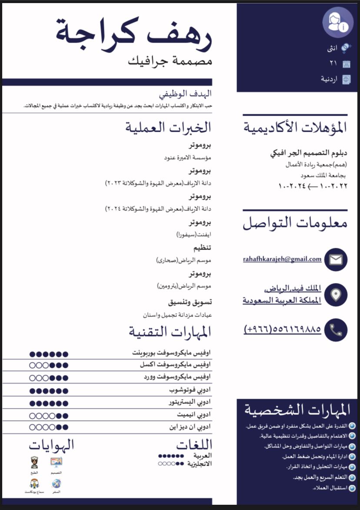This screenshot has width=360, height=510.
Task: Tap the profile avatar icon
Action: tap(337, 22)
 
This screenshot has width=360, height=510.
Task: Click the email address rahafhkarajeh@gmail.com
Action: tap(282, 259)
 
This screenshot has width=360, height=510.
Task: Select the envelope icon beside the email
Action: tap(336, 260)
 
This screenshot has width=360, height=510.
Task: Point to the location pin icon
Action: tap(336, 295)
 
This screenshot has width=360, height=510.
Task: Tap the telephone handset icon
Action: tap(336, 330)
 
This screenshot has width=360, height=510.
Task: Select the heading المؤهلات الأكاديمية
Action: tap(295, 128)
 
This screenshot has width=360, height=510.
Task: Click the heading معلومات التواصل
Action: tap(295, 223)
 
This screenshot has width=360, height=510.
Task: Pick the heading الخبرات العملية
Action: tap(168, 127)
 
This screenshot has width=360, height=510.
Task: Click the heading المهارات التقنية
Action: tap(170, 332)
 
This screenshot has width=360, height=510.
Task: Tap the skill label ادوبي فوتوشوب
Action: tap(190, 390)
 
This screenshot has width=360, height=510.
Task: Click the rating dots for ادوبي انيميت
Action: tap(49, 415)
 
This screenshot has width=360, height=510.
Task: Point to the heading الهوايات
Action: tap(52, 445)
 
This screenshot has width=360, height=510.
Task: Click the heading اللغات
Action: tap(194, 445)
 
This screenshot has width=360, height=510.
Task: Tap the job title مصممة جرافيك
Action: tap(170, 61)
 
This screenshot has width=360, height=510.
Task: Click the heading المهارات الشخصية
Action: tap(297, 410)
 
